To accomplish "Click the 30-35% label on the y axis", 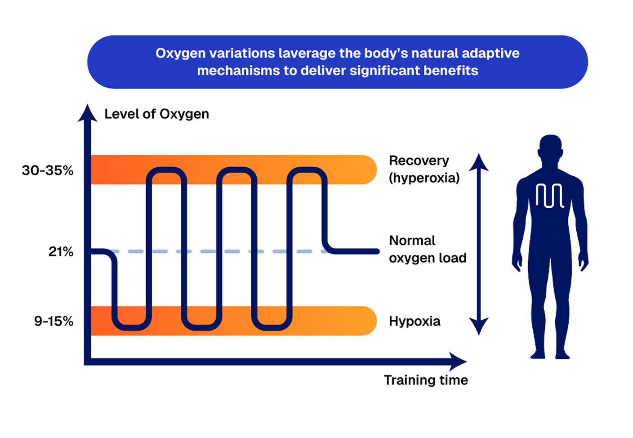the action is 48,170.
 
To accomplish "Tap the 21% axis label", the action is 61,251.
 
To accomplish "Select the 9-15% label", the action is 53,321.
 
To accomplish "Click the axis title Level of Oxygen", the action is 157,114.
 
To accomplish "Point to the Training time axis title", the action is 426,380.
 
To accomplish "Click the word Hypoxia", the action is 415,322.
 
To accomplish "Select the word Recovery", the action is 419,161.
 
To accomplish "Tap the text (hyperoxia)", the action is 424,178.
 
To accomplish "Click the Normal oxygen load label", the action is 428,249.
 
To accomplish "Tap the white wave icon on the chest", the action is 550,196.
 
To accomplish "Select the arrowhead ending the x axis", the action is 458,362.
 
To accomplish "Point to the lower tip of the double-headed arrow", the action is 479,335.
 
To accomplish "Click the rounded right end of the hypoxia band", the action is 370,321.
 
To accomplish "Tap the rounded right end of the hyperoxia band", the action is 370,170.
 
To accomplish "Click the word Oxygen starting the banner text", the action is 181,54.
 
